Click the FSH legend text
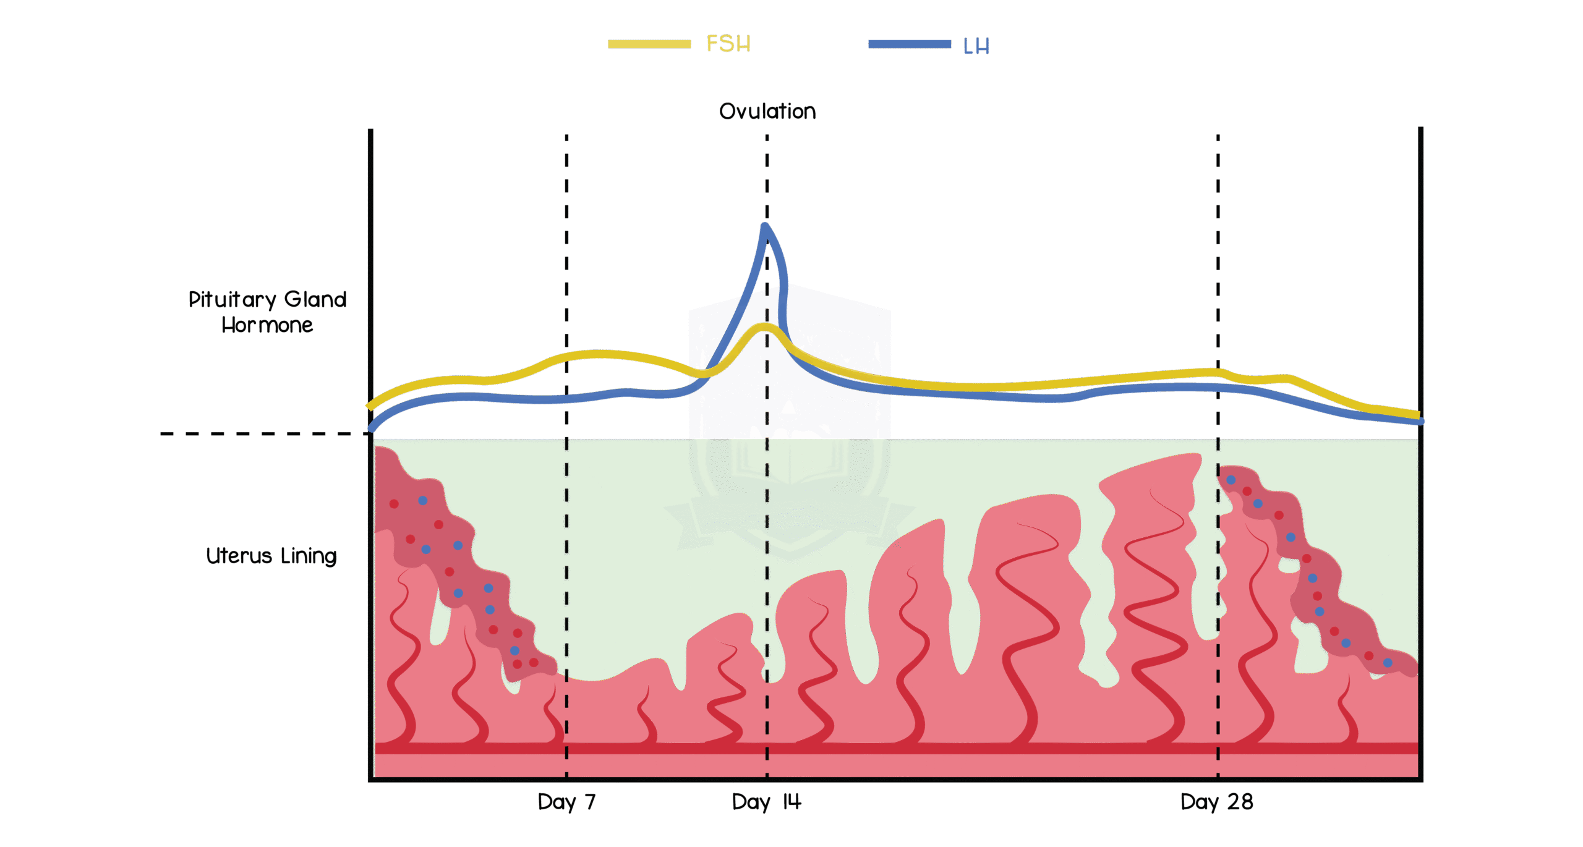pyautogui.click(x=728, y=44)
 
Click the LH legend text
pyautogui.click(x=976, y=46)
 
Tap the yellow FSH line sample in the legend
pyautogui.click(x=649, y=44)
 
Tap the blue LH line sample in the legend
pyautogui.click(x=909, y=44)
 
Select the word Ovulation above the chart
pyautogui.click(x=767, y=111)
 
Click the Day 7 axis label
pyautogui.click(x=566, y=802)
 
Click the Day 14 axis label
pyautogui.click(x=767, y=802)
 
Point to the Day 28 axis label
pyautogui.click(x=1216, y=802)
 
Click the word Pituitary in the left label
pyautogui.click(x=232, y=300)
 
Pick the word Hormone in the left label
pyautogui.click(x=267, y=325)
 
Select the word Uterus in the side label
pyautogui.click(x=239, y=556)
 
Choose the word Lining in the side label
pyautogui.click(x=309, y=556)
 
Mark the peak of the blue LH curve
pyautogui.click(x=766, y=226)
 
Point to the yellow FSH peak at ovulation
pyautogui.click(x=766, y=326)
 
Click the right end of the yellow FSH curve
pyautogui.click(x=1418, y=414)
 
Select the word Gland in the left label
pyautogui.click(x=315, y=300)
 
